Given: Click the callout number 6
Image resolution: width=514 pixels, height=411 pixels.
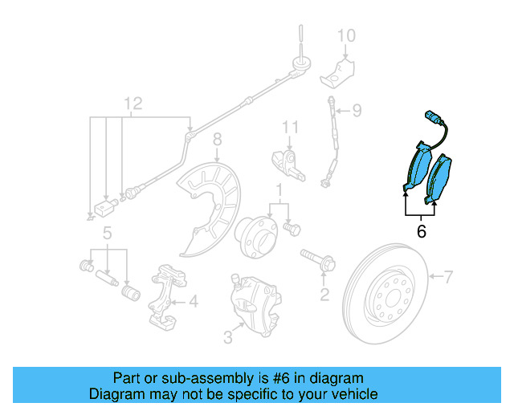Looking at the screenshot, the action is pyautogui.click(x=421, y=233).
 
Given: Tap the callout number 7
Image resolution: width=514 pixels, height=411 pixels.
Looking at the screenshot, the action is pyautogui.click(x=448, y=278).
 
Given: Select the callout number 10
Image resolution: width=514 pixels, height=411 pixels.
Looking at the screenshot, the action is pyautogui.click(x=345, y=35).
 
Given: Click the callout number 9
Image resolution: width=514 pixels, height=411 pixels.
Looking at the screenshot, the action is pyautogui.click(x=357, y=110).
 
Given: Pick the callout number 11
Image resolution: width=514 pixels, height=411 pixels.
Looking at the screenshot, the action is pyautogui.click(x=290, y=127).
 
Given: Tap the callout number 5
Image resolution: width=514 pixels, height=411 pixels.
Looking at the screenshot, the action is pyautogui.click(x=106, y=234).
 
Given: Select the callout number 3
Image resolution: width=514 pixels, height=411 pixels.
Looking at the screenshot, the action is pyautogui.click(x=228, y=338).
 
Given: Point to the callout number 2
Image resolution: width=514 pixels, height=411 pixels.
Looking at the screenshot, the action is pyautogui.click(x=324, y=295).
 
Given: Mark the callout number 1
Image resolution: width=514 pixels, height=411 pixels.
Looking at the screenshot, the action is pyautogui.click(x=279, y=190).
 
